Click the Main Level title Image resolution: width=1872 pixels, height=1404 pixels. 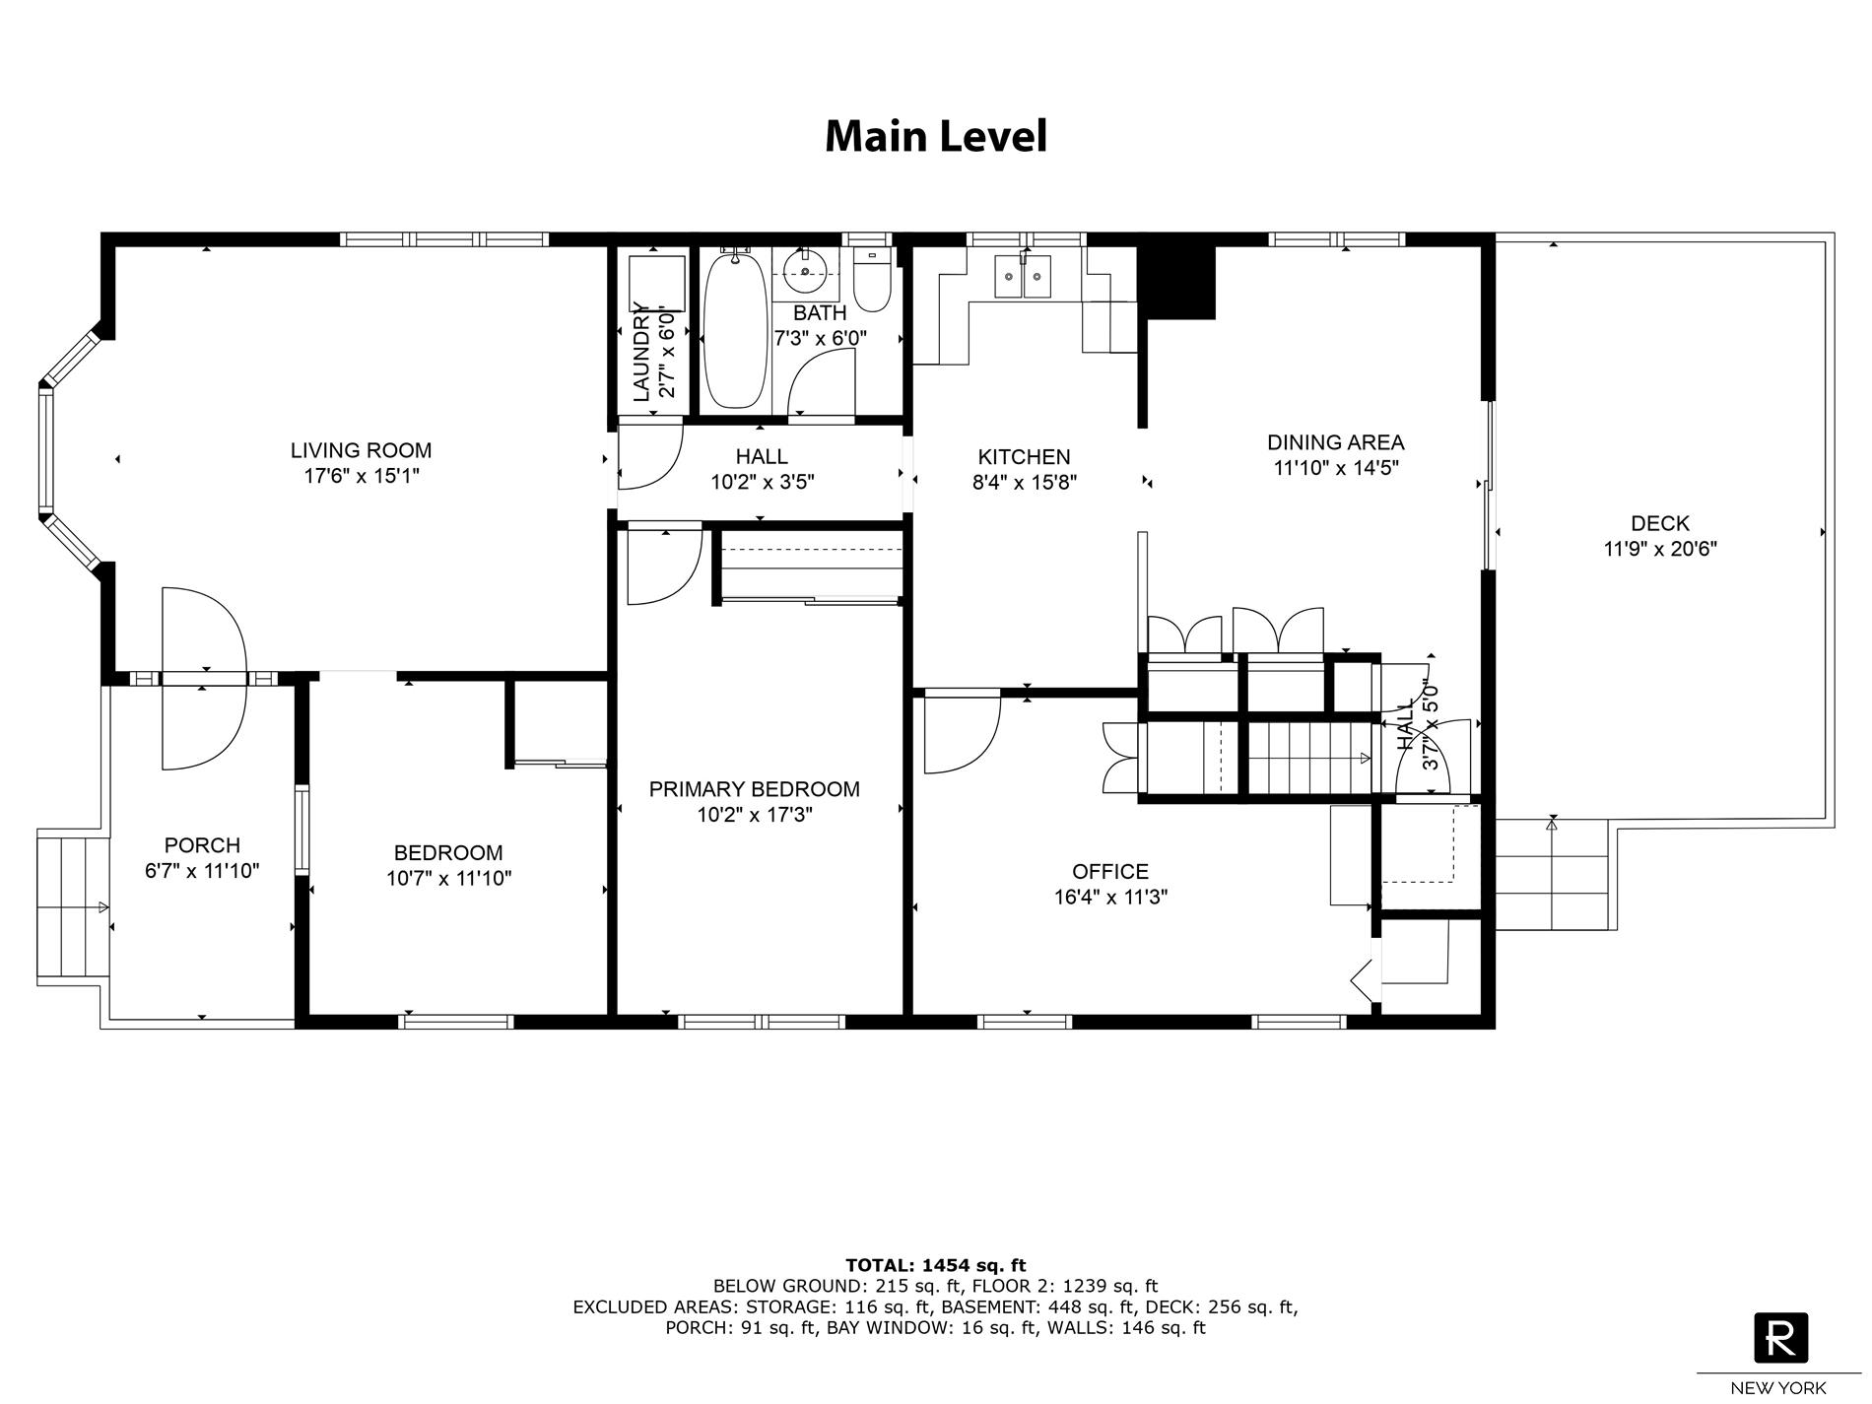(x=935, y=136)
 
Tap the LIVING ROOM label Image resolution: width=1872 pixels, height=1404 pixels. (x=361, y=451)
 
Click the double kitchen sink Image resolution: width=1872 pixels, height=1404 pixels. (x=1024, y=276)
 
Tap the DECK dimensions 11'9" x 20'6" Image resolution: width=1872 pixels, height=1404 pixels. (x=1659, y=550)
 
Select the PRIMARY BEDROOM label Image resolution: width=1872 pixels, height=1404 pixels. (x=754, y=789)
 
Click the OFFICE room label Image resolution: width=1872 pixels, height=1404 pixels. (x=1110, y=872)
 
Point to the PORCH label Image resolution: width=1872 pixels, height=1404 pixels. (x=202, y=845)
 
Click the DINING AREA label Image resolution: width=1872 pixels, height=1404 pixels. (x=1335, y=442)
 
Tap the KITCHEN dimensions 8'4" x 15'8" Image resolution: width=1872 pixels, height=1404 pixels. (x=1024, y=483)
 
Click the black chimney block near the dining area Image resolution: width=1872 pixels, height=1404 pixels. (x=1177, y=280)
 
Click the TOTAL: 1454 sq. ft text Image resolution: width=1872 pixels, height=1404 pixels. (x=935, y=1265)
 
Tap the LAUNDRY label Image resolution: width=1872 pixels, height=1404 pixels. (x=641, y=353)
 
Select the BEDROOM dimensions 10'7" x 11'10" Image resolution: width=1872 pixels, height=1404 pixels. (x=448, y=879)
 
